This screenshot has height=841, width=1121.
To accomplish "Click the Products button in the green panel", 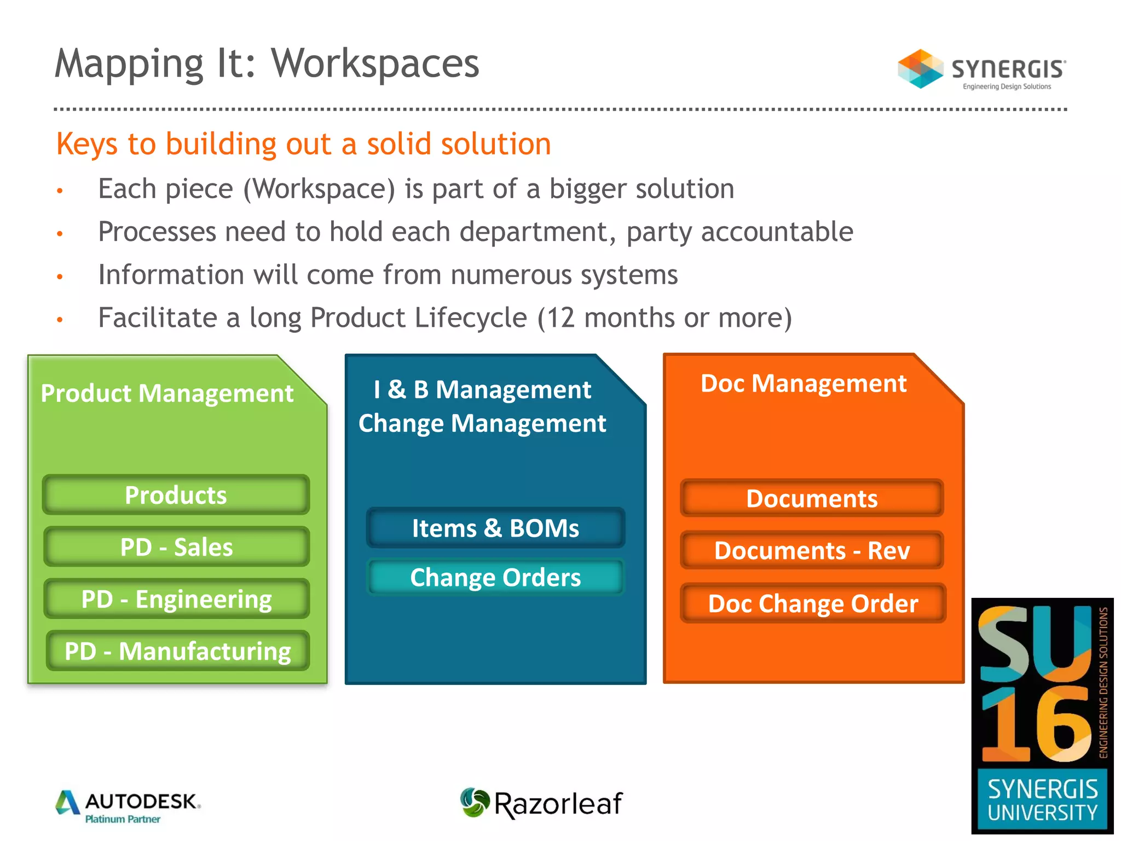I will tap(176, 495).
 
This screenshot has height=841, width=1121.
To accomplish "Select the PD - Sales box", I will tap(176, 547).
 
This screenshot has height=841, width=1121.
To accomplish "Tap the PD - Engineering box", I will tap(176, 599).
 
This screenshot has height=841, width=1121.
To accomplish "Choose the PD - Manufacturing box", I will tap(177, 651).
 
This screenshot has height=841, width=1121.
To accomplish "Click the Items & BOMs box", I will tap(495, 528).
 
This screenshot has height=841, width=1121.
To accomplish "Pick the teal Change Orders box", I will tap(495, 578).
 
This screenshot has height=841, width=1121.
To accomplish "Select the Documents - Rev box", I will tap(812, 550).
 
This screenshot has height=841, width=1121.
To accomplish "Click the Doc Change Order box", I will tap(813, 603).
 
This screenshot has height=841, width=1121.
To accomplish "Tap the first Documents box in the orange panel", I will tap(812, 498).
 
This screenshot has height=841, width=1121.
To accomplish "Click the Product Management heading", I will tap(167, 393).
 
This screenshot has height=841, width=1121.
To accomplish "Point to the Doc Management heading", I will tap(803, 383).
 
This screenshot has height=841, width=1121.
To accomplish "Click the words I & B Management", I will tap(482, 390).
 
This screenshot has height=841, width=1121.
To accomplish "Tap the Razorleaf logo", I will tap(541, 803).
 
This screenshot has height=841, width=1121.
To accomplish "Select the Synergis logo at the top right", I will tap(981, 70).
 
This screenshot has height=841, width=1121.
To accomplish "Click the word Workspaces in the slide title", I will tap(375, 64).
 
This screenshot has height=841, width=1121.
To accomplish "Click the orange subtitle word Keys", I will tap(86, 144).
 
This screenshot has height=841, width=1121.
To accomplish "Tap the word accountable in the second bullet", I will tap(777, 232).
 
